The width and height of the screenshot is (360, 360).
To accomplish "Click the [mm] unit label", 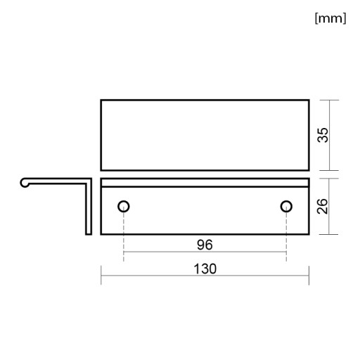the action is point(330,18).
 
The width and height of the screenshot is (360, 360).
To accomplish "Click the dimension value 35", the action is point(323,135).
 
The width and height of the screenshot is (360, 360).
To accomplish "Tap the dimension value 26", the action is point(323,206).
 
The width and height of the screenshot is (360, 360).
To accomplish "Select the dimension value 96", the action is point(205,245).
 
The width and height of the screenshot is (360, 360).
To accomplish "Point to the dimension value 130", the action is point(205,269).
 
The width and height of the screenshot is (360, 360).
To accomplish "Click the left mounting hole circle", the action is point(124,207).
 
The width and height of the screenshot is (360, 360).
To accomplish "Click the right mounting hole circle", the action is point(286,207).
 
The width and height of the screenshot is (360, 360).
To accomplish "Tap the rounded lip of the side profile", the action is point(24,183).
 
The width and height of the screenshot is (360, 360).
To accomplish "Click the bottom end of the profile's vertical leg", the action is point(89,233).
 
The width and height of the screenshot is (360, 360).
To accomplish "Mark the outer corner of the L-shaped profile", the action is point(91,179).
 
